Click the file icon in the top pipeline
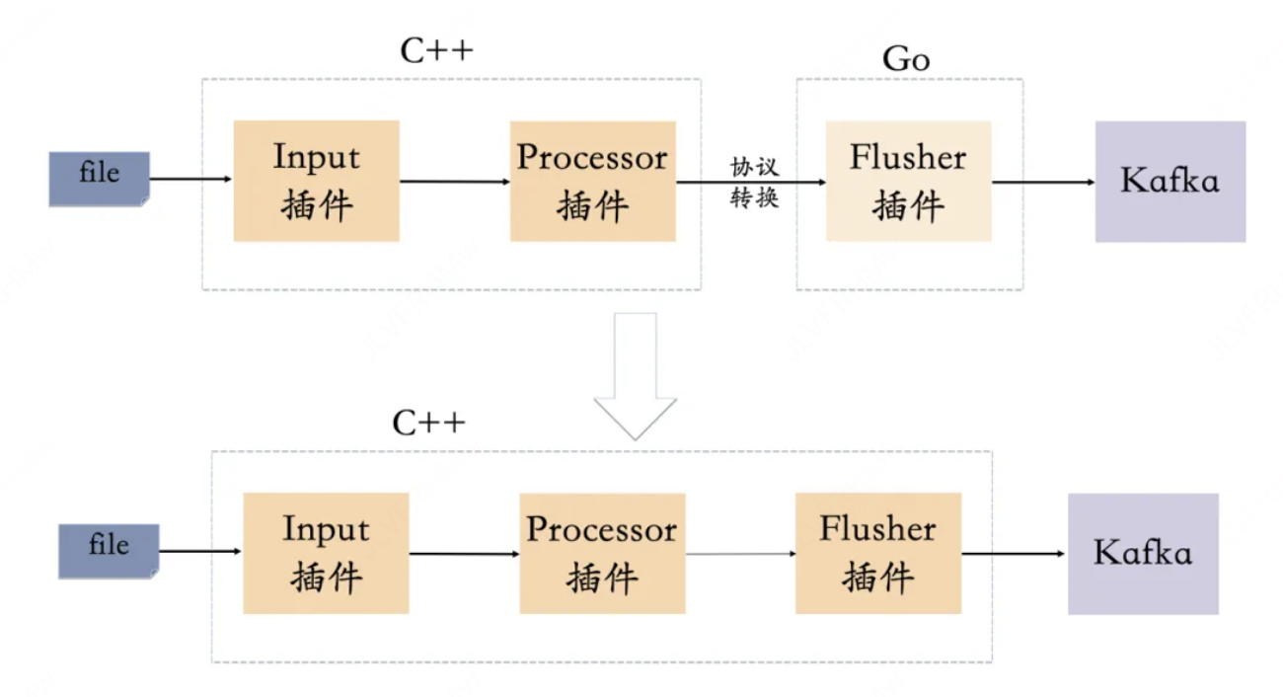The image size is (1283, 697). pos(99,179)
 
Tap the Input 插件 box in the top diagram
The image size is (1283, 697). pos(316,181)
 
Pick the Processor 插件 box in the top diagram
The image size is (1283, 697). pos(592,181)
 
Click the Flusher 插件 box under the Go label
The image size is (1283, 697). pos(908,181)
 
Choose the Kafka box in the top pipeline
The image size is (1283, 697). pos(1170,182)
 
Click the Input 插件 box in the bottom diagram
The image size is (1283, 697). pos(326,553)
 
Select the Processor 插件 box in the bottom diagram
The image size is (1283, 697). pos(601,553)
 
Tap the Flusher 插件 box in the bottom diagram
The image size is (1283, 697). pos(877,553)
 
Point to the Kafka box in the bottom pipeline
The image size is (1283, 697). pos(1143,554)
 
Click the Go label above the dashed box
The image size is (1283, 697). pos(905,60)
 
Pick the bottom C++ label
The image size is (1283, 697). pos(428,424)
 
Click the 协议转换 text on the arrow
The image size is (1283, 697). pos(755,182)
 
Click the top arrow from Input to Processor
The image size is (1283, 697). pos(454,182)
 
